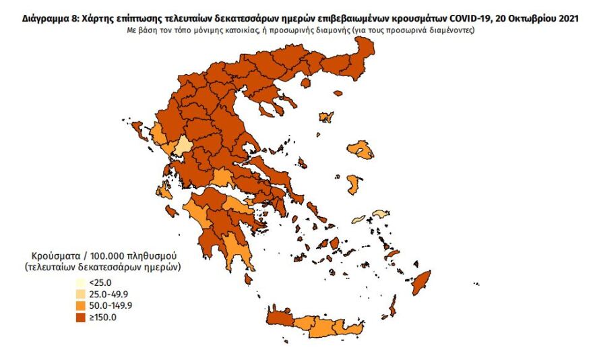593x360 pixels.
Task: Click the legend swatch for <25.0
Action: coord(80,283)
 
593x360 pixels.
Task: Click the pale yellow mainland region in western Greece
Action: coord(183,146)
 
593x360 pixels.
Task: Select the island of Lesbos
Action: coord(363,150)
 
